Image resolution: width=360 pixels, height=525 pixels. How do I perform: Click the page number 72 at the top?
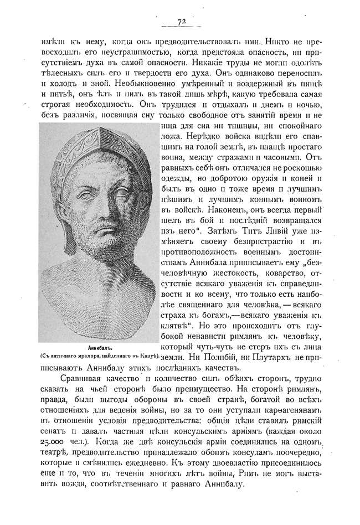[x=181, y=22]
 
